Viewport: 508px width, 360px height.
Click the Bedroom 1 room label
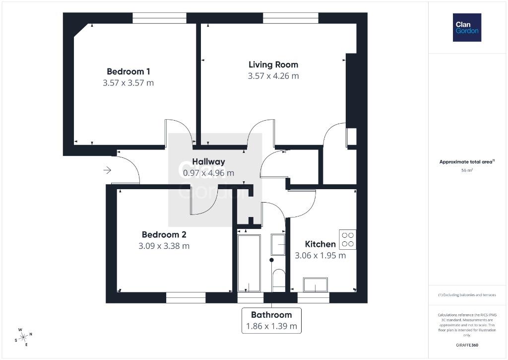[128, 72]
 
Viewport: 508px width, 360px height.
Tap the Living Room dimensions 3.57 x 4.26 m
[273, 76]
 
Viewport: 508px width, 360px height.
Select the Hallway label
[208, 161]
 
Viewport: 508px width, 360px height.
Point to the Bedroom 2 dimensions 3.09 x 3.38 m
[164, 246]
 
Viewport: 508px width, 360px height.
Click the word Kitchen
[320, 244]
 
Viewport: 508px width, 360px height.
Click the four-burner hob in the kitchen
[348, 239]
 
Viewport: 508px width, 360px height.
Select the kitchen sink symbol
[315, 285]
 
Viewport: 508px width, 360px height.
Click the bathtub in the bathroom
[249, 263]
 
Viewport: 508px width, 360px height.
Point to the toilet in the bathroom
[279, 280]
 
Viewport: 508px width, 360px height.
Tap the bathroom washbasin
[278, 244]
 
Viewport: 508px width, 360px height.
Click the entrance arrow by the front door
[107, 170]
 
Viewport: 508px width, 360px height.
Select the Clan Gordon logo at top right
[467, 28]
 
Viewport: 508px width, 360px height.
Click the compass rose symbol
[23, 337]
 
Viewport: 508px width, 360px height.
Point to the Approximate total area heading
[466, 161]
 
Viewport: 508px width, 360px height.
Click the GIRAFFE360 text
[467, 345]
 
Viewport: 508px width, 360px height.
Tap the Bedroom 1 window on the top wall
[159, 18]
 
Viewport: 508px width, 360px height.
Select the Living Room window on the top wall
[291, 18]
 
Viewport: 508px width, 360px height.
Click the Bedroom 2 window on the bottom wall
[186, 298]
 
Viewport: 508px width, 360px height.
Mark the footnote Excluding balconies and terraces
[467, 295]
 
